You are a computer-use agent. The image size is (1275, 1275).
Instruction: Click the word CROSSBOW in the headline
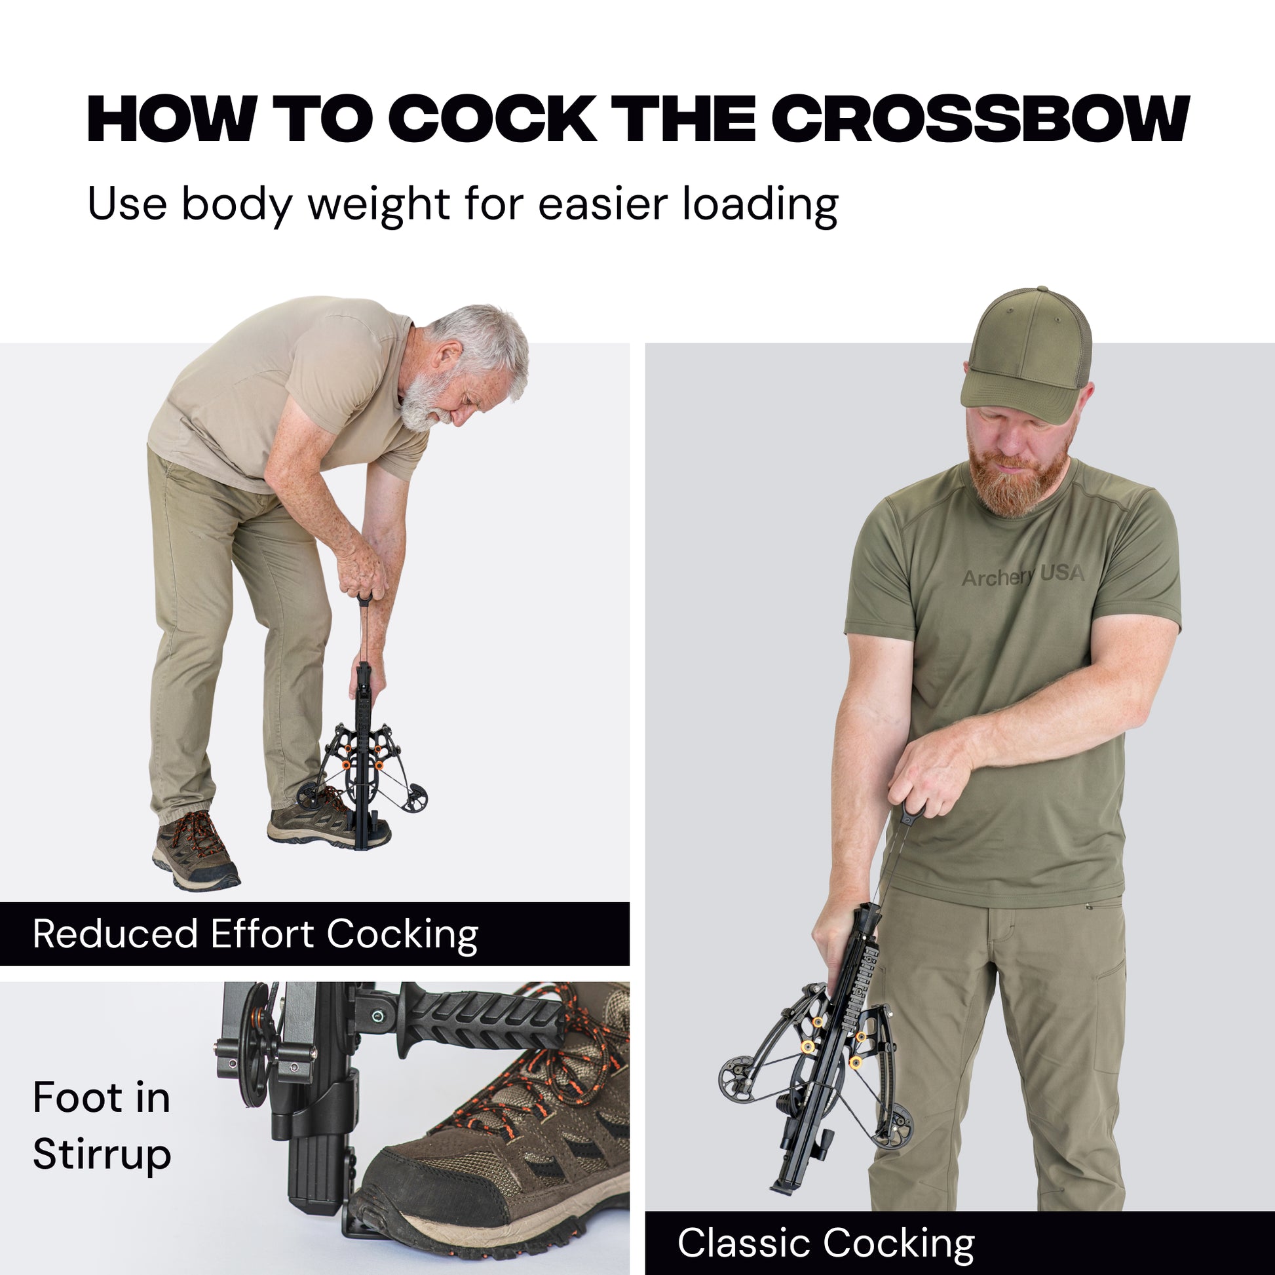click(x=981, y=119)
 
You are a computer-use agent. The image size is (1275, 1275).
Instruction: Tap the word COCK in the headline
click(x=493, y=119)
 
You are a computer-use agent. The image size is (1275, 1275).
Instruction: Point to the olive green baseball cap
click(x=1026, y=357)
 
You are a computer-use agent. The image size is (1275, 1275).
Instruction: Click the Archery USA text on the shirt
click(x=1023, y=575)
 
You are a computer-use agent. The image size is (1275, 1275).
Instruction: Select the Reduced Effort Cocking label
click(x=256, y=934)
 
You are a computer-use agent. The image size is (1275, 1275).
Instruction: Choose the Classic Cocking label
click(x=826, y=1244)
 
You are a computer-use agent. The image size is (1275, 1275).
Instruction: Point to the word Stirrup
click(x=102, y=1154)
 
